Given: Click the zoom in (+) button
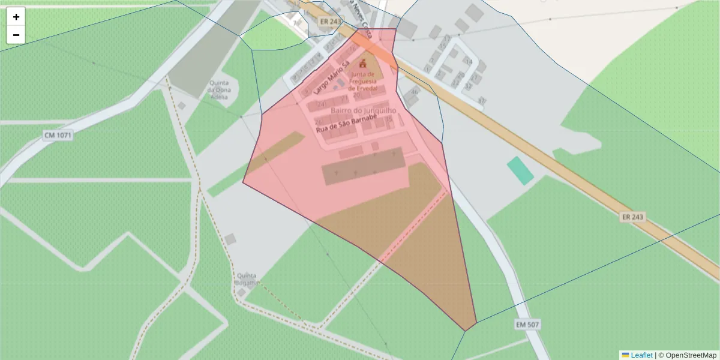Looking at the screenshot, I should (16, 17).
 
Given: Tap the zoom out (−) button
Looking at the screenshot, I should (16, 35).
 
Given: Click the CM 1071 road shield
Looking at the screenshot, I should (58, 136).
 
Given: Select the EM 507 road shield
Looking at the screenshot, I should (527, 325).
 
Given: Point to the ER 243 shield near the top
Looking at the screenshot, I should (330, 22).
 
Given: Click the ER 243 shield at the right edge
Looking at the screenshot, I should (632, 217).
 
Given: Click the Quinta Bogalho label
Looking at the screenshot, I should (247, 279).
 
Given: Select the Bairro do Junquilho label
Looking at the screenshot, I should (363, 112).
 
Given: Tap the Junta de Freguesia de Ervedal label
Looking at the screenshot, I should (362, 81).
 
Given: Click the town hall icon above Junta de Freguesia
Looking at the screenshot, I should (362, 63).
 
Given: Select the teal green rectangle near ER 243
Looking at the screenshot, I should (520, 170).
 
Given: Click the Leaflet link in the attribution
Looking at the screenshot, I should (641, 355).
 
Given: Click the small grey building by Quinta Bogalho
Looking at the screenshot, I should (241, 292).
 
